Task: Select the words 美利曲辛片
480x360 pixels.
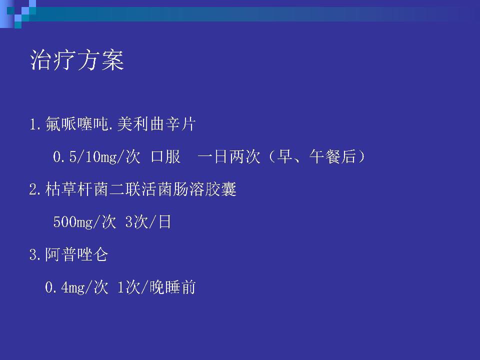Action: click(x=156, y=124)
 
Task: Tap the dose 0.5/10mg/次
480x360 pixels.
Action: click(x=96, y=156)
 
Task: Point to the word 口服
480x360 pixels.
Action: click(x=165, y=156)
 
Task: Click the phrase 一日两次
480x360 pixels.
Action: click(x=228, y=156)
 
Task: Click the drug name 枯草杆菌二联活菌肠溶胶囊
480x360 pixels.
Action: click(x=141, y=189)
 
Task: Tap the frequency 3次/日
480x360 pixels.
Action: click(x=148, y=221)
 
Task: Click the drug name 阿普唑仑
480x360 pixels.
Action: click(x=76, y=254)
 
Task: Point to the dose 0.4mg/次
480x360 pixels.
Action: click(x=76, y=287)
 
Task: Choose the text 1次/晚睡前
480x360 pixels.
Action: click(x=156, y=287)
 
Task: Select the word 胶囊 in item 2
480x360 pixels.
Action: click(x=220, y=189)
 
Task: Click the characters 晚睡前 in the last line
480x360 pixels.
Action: click(x=172, y=287)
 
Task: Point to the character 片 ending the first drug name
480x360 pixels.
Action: click(x=188, y=124)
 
